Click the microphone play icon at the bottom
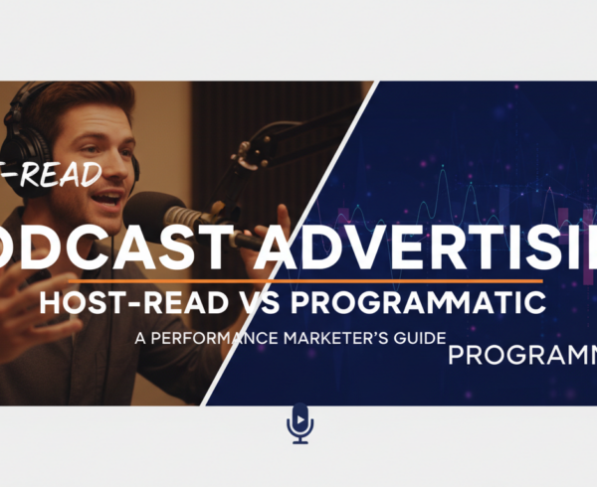[x=298, y=423]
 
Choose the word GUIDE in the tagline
[x=412, y=337]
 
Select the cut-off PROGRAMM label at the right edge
[x=521, y=356]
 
